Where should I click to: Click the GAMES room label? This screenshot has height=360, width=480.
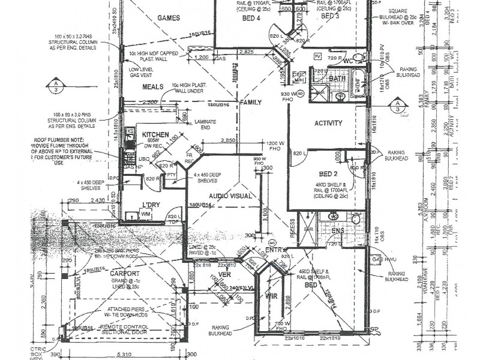pyautogui.click(x=169, y=18)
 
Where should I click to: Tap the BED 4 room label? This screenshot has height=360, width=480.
pyautogui.click(x=251, y=18)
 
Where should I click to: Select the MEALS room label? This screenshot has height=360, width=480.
pyautogui.click(x=153, y=86)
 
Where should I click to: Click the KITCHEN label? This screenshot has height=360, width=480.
pyautogui.click(x=155, y=135)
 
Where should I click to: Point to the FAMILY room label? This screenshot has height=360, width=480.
pyautogui.click(x=251, y=103)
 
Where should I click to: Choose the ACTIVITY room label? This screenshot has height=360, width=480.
pyautogui.click(x=328, y=124)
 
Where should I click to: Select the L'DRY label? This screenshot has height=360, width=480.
pyautogui.click(x=149, y=205)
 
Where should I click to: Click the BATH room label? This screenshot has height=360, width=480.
pyautogui.click(x=337, y=79)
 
